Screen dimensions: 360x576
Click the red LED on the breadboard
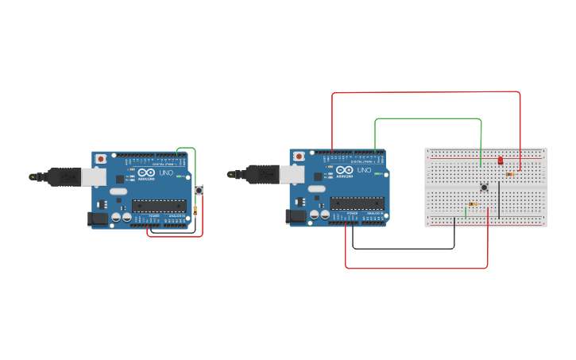(x=501, y=161)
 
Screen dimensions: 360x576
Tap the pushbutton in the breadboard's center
(x=484, y=188)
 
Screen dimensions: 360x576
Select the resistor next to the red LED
(x=509, y=174)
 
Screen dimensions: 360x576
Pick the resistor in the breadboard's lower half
(x=474, y=204)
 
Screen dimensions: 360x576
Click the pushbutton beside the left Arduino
(x=199, y=190)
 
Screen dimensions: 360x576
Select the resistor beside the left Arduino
(x=195, y=210)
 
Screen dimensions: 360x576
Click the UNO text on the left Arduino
(x=166, y=173)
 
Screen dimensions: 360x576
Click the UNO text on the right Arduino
(x=364, y=170)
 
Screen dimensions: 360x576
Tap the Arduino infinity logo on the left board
(x=147, y=172)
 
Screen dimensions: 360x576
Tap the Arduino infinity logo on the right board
(x=345, y=169)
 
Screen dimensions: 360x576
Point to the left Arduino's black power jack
(x=98, y=217)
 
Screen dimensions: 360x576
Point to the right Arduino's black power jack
(x=296, y=215)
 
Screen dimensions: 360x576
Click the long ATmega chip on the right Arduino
(x=358, y=203)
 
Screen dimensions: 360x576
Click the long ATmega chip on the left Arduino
(x=160, y=206)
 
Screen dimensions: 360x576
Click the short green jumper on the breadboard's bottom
(x=466, y=212)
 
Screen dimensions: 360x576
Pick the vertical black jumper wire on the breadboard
(x=499, y=199)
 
